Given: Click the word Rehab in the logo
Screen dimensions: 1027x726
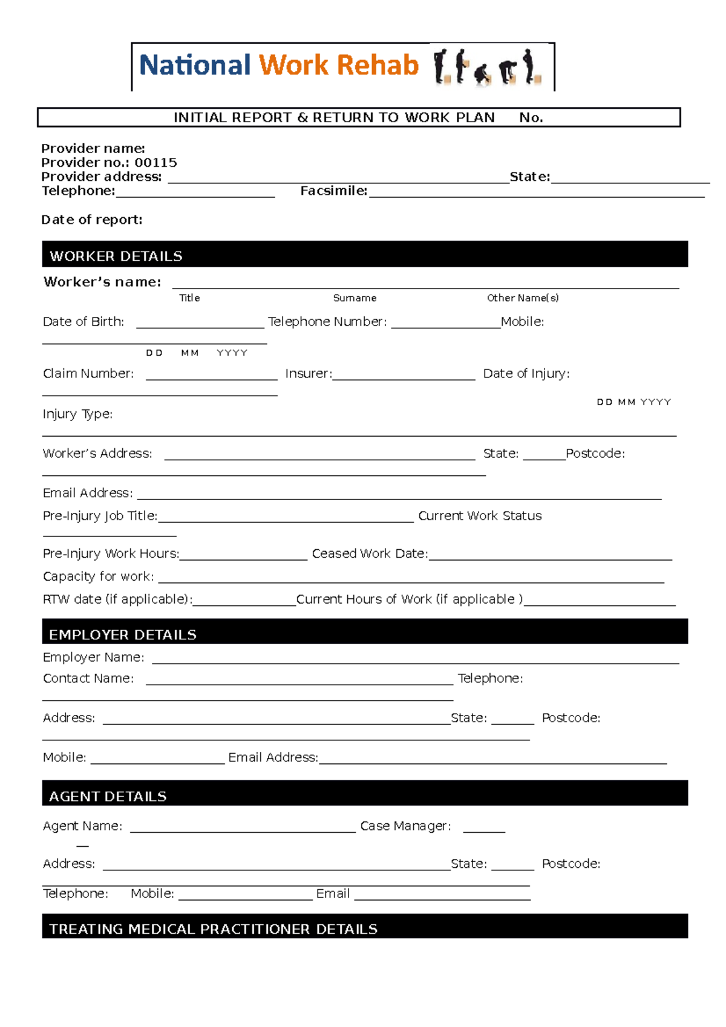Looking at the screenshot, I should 378,65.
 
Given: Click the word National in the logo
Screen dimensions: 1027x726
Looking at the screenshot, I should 194,65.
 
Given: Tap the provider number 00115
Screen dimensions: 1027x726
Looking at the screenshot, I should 155,163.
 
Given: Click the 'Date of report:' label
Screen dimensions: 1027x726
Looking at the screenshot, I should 92,220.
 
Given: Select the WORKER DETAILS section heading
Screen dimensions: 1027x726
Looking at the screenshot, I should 116,256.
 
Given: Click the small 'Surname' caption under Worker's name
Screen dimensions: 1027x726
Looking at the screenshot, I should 355,298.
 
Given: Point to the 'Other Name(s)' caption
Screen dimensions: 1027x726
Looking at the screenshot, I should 523,298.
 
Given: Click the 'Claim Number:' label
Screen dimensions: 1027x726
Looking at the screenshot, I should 88,374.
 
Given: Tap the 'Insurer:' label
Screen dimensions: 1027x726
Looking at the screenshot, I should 309,374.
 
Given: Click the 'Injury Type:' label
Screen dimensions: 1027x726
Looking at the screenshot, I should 77,414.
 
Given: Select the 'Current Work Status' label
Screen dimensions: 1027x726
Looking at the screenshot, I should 480,516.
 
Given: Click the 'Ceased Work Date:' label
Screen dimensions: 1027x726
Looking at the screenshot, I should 370,554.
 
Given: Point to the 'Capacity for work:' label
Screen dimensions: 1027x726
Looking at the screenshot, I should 98,576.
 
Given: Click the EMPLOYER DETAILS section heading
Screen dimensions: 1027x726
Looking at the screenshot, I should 123,634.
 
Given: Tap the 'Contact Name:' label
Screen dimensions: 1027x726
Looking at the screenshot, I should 88,679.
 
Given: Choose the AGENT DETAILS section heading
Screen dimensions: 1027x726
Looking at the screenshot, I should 108,796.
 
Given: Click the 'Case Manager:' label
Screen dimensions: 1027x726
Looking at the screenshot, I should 405,826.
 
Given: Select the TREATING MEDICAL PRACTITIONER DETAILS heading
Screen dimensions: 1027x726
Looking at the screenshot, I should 213,929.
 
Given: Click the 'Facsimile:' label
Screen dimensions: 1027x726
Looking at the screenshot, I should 334,191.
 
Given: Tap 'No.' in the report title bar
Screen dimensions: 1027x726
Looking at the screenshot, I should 531,118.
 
